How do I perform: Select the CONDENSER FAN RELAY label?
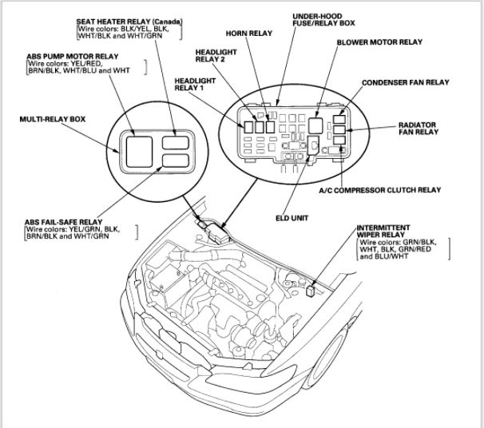pos(405,82)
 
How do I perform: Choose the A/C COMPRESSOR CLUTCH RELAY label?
pos(391,190)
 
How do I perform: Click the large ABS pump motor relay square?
pos(137,147)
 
